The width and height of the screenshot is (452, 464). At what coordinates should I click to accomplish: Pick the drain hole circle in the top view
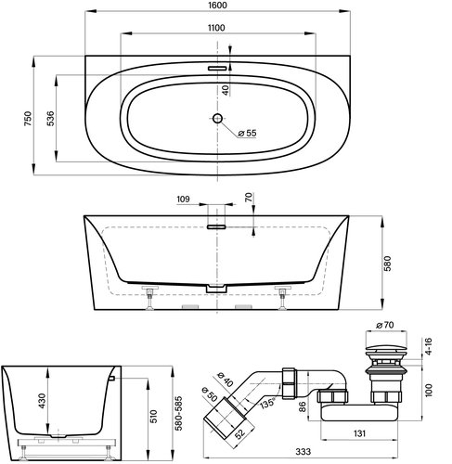(x=216, y=119)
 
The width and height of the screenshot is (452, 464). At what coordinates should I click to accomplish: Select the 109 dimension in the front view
(x=183, y=200)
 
